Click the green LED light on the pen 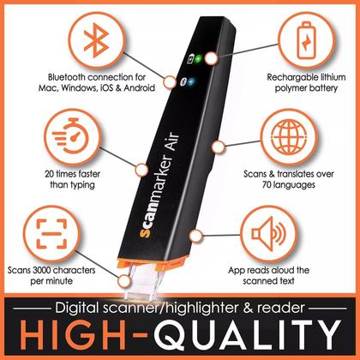pos(195,61)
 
